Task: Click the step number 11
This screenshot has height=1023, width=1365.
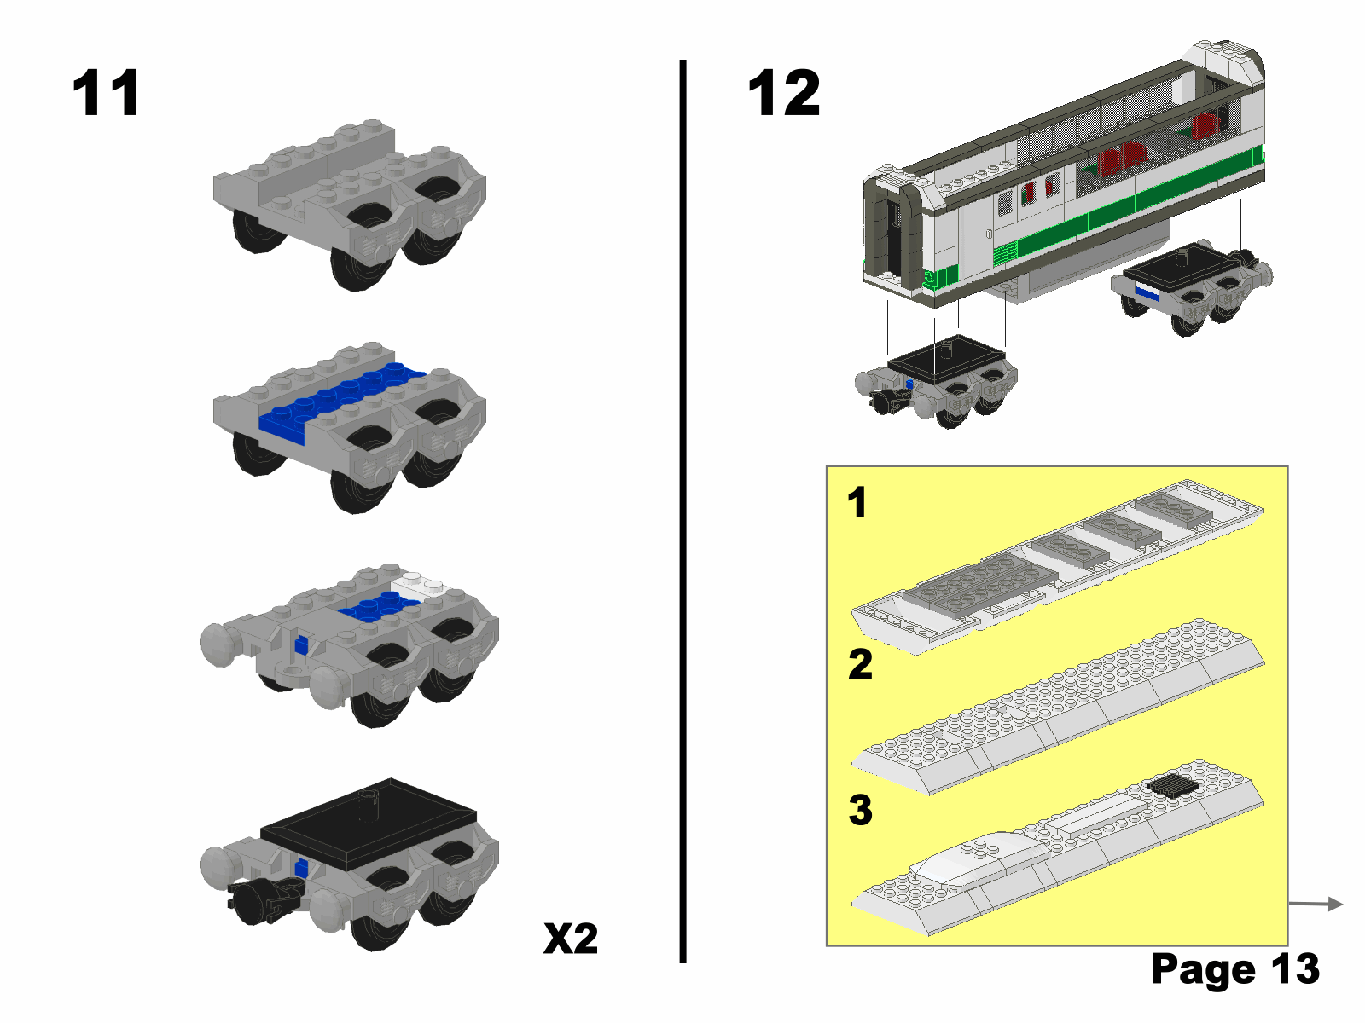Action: [x=105, y=93]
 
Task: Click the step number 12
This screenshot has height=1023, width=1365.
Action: [x=783, y=93]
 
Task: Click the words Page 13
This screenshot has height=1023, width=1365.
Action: [x=1235, y=968]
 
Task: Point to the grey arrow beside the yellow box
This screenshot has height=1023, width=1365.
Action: [x=1316, y=904]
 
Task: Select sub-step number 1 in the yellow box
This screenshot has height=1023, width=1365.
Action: [x=857, y=502]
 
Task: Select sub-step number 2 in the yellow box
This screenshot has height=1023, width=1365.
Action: [x=860, y=664]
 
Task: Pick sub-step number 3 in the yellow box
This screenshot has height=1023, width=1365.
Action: [x=860, y=810]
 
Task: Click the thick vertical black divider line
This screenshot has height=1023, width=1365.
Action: [x=682, y=511]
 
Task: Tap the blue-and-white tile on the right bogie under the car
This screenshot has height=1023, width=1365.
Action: [x=1146, y=292]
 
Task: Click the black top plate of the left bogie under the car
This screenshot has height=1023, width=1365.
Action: [x=946, y=359]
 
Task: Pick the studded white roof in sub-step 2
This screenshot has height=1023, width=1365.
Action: [x=1058, y=714]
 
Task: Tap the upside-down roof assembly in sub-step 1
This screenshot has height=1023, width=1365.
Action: [x=1057, y=565]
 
